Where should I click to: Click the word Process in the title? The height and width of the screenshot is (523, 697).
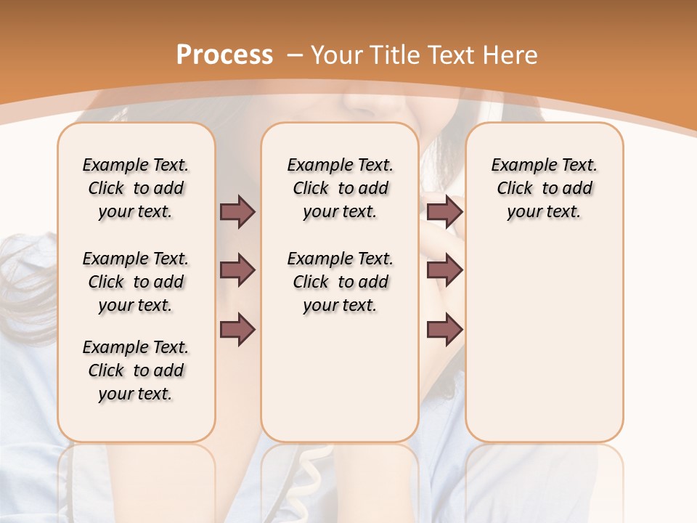[x=225, y=55]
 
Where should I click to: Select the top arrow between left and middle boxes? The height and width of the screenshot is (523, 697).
[x=237, y=211]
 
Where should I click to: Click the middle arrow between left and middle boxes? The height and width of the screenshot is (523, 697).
[x=237, y=271]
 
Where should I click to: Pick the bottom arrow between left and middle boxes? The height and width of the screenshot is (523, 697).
[x=237, y=330]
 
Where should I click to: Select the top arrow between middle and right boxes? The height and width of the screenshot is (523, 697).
[x=444, y=211]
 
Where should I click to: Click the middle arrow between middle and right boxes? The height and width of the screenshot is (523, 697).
[x=444, y=271]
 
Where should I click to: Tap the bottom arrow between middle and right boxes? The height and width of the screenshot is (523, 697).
[x=444, y=330]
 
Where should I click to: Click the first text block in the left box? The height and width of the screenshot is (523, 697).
[x=136, y=188]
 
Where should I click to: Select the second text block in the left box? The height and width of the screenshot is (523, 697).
[x=136, y=282]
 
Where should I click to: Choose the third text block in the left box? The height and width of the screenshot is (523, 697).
[x=136, y=370]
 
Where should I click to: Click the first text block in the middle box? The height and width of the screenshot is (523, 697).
[x=340, y=188]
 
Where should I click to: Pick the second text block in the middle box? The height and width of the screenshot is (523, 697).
[x=340, y=282]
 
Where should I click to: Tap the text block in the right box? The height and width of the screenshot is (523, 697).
[x=544, y=188]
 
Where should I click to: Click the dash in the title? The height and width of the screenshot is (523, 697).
[x=295, y=55]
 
